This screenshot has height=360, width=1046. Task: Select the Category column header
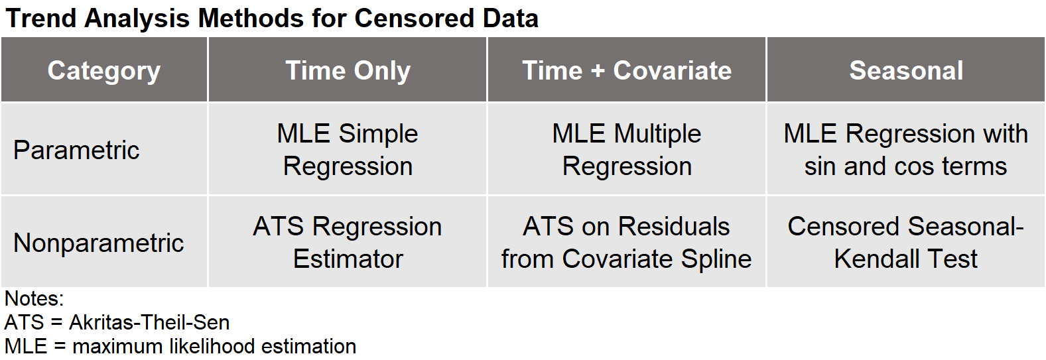(104, 71)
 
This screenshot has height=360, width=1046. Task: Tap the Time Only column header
(348, 70)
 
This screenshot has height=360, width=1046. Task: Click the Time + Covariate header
(627, 70)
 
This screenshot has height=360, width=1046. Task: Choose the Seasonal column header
(906, 70)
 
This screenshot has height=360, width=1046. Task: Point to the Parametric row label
(76, 150)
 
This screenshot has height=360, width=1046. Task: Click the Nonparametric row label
(99, 243)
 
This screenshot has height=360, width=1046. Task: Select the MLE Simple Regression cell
(348, 149)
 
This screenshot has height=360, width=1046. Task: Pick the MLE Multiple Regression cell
(627, 149)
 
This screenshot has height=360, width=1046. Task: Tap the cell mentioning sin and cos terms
(906, 149)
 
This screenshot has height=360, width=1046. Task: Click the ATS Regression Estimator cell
(348, 243)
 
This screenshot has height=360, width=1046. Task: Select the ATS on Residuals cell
(627, 243)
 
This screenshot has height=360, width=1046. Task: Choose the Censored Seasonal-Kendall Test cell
(906, 243)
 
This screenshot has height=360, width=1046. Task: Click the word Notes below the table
(34, 299)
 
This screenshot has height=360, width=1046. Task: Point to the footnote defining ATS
(117, 323)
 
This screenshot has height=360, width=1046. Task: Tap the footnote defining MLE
(180, 347)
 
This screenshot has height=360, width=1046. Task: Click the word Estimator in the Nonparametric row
(348, 259)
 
